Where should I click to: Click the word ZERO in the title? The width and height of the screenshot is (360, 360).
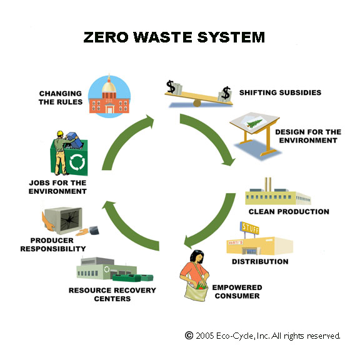tap(106, 37)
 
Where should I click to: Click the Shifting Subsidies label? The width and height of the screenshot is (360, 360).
tap(280, 92)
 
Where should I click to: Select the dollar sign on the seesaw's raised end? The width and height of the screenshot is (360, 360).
tap(171, 86)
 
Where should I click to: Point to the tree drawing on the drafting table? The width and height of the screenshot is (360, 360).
tap(254, 123)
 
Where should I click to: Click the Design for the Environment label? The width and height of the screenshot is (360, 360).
tap(308, 136)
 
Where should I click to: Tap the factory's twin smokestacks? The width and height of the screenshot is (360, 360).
tap(268, 184)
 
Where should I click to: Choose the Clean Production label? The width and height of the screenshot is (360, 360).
tap(289, 212)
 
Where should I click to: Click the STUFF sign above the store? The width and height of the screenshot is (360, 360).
tap(250, 227)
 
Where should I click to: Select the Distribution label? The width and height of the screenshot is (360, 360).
tap(260, 261)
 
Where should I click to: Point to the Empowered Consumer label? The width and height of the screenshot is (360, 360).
tap(237, 292)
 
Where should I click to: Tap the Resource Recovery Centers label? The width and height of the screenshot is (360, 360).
tap(112, 294)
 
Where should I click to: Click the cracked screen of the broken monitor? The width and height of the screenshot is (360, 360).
tap(69, 221)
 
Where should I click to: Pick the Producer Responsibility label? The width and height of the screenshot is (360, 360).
tap(53, 244)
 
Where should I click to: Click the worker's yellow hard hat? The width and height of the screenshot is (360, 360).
tap(60, 133)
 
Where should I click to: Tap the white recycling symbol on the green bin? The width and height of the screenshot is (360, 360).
tap(77, 162)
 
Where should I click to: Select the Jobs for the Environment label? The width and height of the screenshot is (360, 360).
tap(57, 187)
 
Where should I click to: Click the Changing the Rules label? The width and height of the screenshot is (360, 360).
tap(61, 97)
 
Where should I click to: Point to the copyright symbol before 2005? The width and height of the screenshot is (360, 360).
tap(189, 336)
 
